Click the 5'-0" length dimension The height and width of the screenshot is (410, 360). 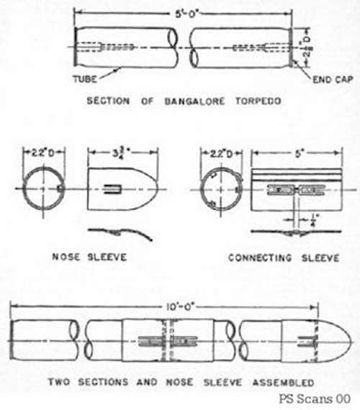[186, 14]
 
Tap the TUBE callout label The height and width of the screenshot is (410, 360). [85, 79]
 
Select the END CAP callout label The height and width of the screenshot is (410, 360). [333, 80]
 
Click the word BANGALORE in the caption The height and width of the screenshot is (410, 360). [194, 101]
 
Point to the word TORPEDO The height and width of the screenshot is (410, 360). [258, 101]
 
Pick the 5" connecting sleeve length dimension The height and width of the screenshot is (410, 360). [298, 154]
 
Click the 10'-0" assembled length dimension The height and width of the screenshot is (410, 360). [180, 306]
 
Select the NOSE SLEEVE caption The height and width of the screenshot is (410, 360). [89, 257]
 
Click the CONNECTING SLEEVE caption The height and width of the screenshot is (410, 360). [284, 258]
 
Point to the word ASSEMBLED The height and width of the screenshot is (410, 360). [283, 383]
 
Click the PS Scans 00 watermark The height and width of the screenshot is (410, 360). [315, 399]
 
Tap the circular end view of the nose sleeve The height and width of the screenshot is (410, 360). [24, 188]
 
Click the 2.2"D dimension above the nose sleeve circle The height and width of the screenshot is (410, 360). [42, 153]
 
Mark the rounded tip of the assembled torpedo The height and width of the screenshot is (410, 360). [351, 342]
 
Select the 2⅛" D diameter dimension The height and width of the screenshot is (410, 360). [307, 47]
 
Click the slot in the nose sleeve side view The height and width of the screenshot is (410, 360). [112, 189]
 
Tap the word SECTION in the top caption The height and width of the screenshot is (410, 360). [108, 101]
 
